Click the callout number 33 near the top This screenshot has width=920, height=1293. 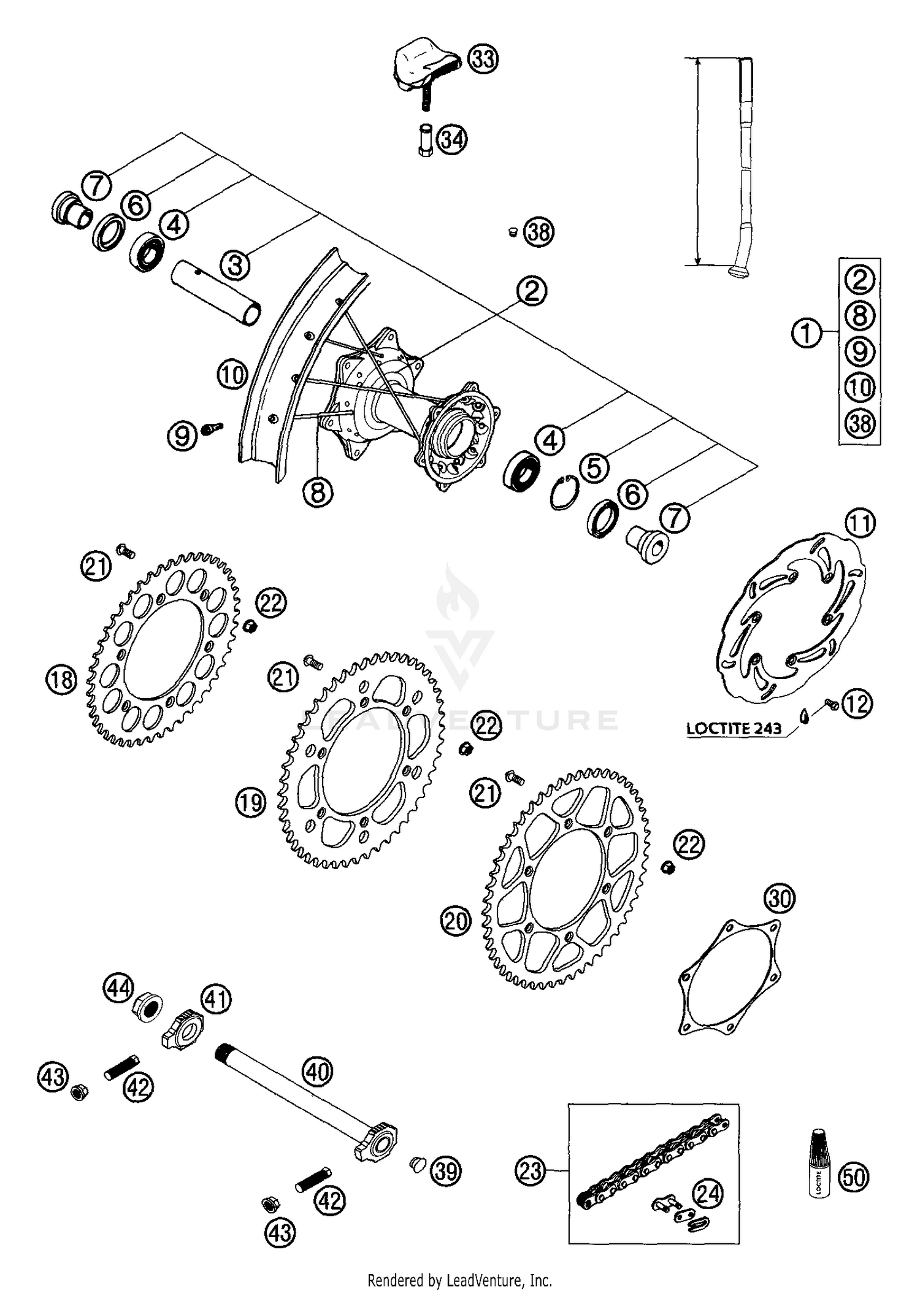(x=483, y=59)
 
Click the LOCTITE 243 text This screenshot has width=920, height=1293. (x=734, y=729)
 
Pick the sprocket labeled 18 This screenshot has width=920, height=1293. (x=163, y=650)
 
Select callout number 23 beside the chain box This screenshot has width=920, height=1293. (x=530, y=1171)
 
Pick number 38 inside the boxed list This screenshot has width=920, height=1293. (x=860, y=423)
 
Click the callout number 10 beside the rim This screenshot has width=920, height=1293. (x=232, y=375)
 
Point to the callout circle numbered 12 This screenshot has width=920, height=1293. (x=857, y=704)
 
